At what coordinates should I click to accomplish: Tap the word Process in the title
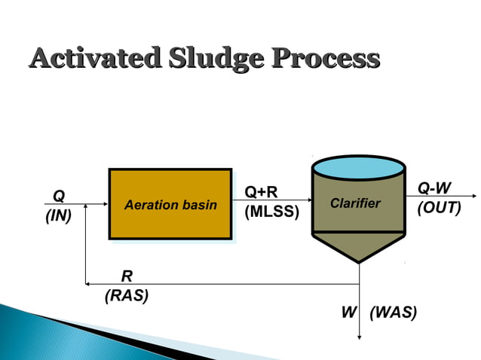click(326, 58)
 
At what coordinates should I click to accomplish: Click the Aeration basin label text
click(170, 205)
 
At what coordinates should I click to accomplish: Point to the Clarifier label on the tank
click(355, 203)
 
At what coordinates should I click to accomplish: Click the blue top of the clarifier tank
click(358, 166)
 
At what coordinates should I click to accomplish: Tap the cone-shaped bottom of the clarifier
click(358, 245)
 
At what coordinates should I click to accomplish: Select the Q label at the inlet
click(58, 197)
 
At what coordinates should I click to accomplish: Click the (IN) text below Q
click(58, 217)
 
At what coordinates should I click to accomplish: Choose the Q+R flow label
click(262, 194)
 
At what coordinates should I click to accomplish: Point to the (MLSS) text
click(272, 213)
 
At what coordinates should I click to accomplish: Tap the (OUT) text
click(439, 207)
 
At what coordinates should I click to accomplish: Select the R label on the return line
click(126, 276)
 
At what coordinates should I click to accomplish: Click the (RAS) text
click(126, 295)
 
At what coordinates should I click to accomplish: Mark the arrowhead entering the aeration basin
click(106, 204)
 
